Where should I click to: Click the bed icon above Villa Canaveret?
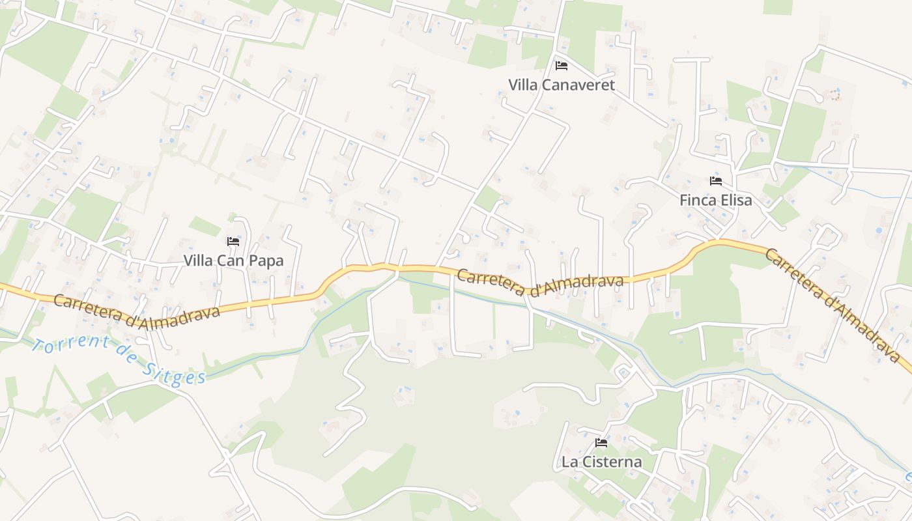(x=561, y=66)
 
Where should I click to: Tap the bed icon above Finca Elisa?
(x=716, y=181)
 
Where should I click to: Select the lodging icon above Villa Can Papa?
(x=233, y=242)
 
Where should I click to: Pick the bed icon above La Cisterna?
(x=601, y=444)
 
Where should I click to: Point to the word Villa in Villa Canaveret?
(x=522, y=85)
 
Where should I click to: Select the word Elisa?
(x=736, y=201)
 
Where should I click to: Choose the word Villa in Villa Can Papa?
(x=198, y=261)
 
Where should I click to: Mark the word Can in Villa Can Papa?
(x=231, y=261)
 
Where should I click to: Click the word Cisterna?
(x=610, y=462)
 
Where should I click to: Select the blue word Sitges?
(x=174, y=372)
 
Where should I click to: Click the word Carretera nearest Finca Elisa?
(x=791, y=274)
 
